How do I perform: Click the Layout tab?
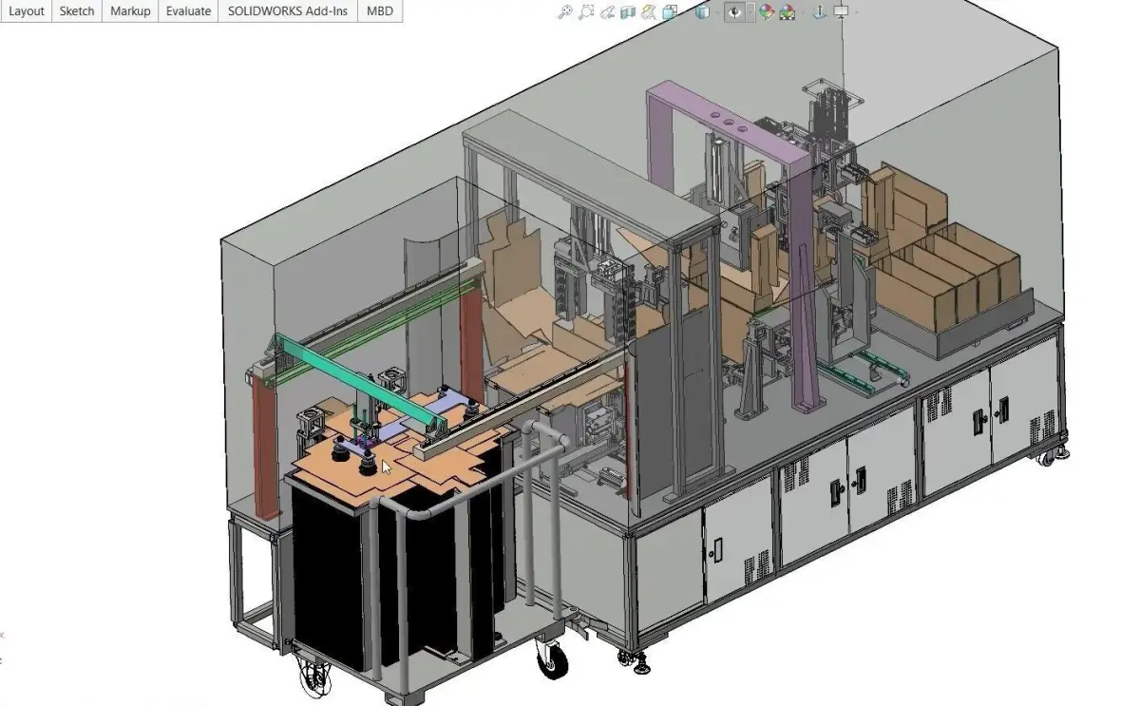coord(26,10)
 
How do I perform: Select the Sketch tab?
coord(77,10)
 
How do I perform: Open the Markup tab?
coord(130,10)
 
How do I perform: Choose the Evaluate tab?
coord(188,10)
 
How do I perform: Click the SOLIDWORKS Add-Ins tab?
coord(288,10)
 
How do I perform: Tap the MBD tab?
coord(380,10)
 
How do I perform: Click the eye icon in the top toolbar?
coord(734,11)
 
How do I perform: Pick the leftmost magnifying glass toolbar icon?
coord(565,11)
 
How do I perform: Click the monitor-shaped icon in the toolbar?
coord(841,10)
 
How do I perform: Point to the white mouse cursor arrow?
coord(387,467)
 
